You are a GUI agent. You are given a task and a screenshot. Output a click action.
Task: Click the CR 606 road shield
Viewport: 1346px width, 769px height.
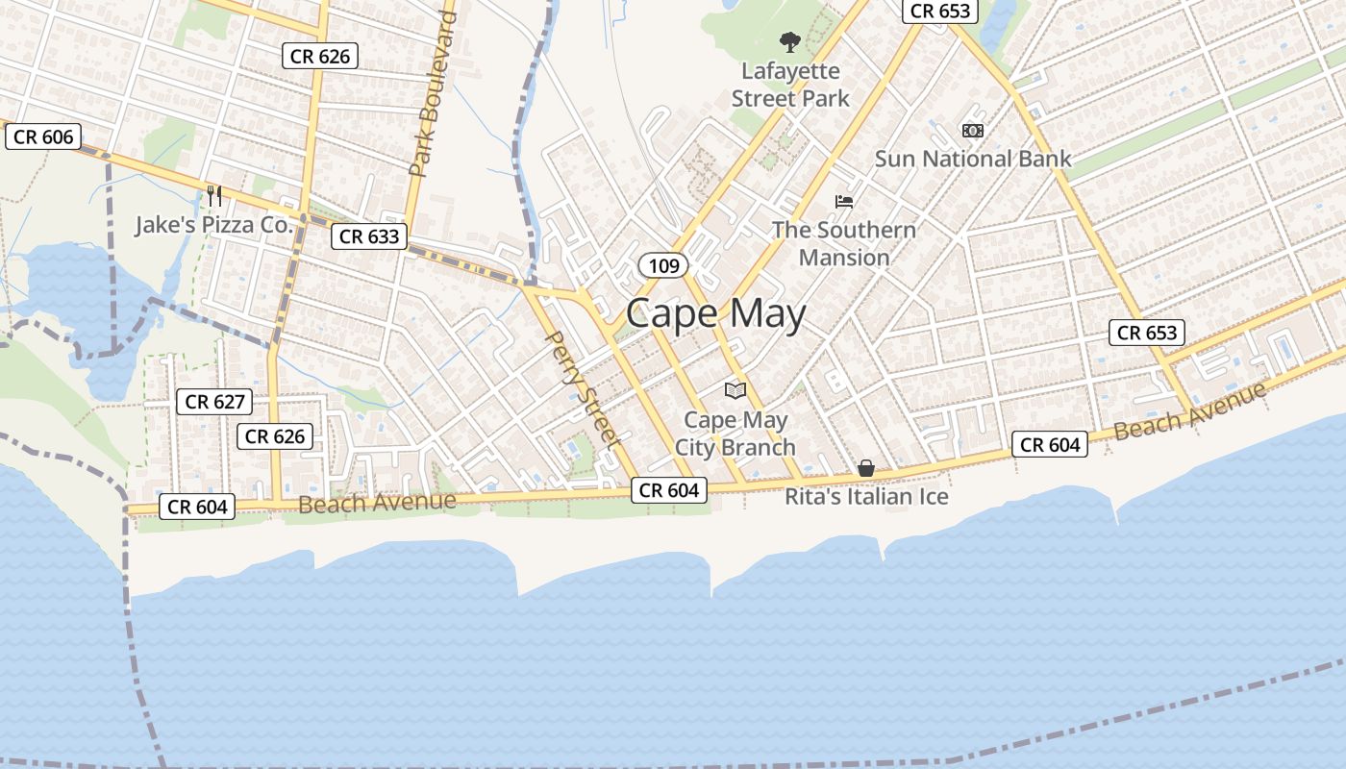click(x=44, y=136)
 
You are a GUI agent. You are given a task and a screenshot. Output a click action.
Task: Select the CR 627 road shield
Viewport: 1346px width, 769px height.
click(x=214, y=402)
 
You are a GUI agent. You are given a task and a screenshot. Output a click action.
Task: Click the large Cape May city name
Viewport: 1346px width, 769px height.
click(x=715, y=314)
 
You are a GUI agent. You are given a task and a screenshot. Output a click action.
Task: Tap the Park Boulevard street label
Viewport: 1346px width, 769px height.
click(x=432, y=94)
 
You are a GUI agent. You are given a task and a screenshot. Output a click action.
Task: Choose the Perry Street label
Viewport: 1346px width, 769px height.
click(x=581, y=388)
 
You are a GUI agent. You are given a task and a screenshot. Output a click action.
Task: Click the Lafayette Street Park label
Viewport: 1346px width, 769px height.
click(x=790, y=85)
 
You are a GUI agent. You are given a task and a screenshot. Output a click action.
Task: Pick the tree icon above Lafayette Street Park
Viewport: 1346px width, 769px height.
click(x=790, y=42)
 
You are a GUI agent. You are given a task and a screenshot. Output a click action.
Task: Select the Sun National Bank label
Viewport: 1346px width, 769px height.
click(x=972, y=159)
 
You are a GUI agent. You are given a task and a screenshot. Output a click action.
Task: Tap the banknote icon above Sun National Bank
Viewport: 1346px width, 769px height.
click(x=973, y=131)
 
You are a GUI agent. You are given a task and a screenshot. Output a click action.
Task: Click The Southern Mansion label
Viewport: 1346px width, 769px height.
click(x=844, y=243)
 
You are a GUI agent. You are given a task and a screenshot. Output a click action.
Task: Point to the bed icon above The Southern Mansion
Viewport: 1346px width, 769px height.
click(x=844, y=202)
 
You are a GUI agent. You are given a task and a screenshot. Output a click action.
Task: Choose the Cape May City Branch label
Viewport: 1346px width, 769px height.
click(x=735, y=434)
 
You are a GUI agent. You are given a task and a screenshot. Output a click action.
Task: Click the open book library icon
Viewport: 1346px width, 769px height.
click(x=735, y=390)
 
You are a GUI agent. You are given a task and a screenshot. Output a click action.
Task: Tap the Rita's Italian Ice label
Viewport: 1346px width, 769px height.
click(x=866, y=496)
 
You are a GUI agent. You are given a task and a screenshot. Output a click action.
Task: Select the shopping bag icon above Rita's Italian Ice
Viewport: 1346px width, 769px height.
click(x=866, y=468)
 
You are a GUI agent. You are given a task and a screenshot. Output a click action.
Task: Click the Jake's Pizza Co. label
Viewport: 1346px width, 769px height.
click(x=213, y=225)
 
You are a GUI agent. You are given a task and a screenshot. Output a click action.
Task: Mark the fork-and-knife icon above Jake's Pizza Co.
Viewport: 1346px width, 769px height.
click(x=214, y=196)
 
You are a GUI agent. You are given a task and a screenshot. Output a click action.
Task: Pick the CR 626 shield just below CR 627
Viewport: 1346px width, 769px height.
click(x=275, y=436)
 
